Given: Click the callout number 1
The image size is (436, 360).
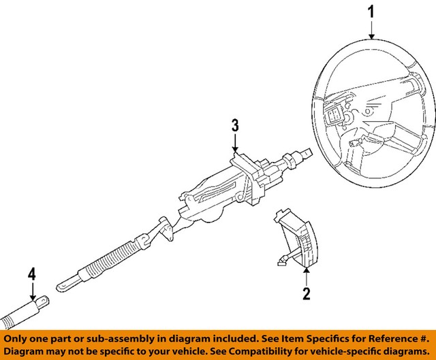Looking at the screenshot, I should coord(371,12).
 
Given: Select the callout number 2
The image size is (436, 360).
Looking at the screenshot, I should coord(306,293).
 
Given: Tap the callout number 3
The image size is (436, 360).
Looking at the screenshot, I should coord(234,125).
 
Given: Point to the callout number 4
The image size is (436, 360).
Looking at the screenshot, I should coord(31,276).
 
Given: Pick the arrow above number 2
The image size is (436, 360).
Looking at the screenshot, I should coord(306,276).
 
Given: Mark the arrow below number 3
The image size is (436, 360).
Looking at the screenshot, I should coord(234,144).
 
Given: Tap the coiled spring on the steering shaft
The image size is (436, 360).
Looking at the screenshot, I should coord(109,257).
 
